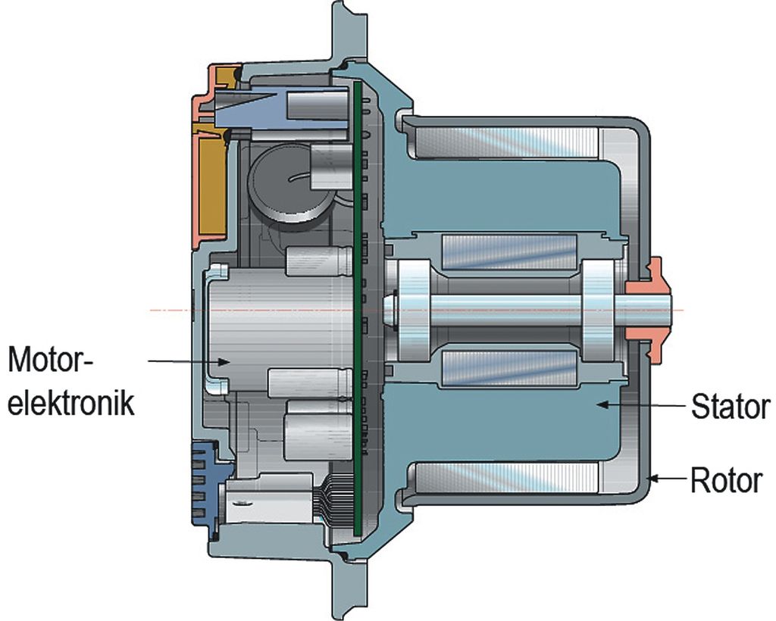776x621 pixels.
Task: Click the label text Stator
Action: coord(730,407)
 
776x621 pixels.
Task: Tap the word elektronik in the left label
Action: coord(71,402)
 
